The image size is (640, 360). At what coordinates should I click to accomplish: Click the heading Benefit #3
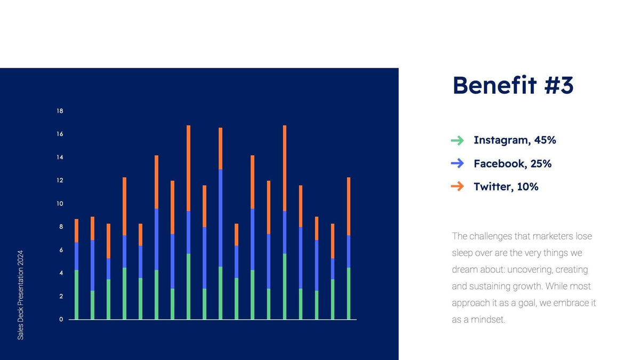pos(513,85)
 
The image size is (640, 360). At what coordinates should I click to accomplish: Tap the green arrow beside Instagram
pos(457,140)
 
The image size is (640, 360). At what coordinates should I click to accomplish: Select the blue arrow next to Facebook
pos(457,163)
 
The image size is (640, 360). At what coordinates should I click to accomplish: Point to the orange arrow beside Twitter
pos(457,186)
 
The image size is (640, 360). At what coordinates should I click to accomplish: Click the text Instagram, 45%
pos(515,140)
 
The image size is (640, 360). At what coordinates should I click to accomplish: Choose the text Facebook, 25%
pos(512,164)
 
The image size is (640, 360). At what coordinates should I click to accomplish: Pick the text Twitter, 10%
pos(506,187)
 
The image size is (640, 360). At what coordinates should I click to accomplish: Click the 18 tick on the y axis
pos(60,111)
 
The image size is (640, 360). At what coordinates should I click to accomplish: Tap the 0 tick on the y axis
pos(61,319)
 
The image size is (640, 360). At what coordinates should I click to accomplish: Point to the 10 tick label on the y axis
pos(60,204)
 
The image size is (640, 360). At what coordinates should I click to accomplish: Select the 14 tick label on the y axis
pos(60,157)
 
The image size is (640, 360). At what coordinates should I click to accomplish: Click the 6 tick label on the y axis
pos(61,250)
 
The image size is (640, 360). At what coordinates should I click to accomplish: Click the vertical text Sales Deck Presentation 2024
pos(21,294)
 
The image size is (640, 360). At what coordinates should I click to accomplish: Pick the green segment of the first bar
pos(76,294)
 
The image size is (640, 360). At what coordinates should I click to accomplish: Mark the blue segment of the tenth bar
pos(220,218)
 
